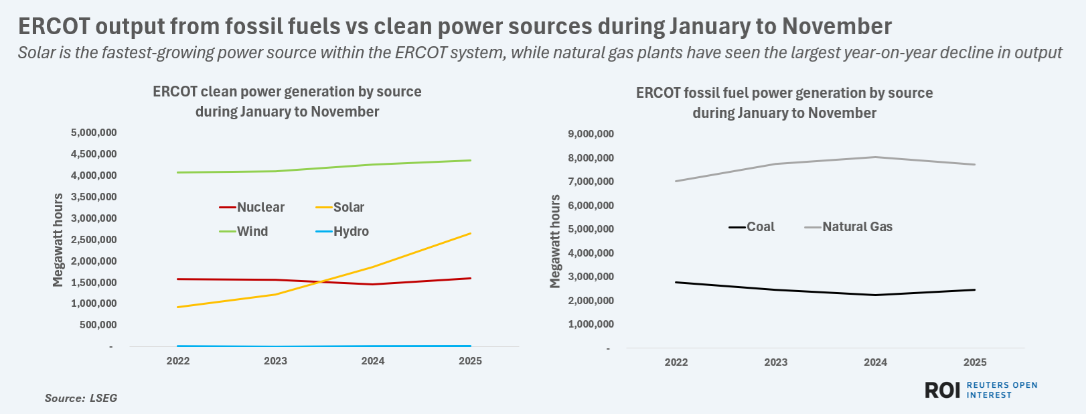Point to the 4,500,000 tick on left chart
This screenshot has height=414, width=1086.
click(x=94, y=154)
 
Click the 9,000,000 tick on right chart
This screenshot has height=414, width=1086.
click(x=591, y=134)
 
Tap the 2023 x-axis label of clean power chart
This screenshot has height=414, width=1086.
click(x=275, y=361)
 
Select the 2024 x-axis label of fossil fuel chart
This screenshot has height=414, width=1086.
click(x=875, y=362)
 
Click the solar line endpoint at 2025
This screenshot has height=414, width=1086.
click(x=470, y=234)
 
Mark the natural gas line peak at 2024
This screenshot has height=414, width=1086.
click(x=875, y=157)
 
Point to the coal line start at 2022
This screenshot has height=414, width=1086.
click(x=676, y=282)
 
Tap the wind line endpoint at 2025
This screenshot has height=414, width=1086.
click(x=470, y=160)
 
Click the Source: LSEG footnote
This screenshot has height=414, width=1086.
click(x=81, y=398)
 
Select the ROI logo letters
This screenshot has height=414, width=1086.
click(x=943, y=391)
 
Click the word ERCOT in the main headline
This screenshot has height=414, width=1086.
click(x=53, y=27)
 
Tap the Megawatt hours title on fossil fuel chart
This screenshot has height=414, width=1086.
click(x=555, y=242)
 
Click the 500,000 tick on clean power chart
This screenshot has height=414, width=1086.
click(x=98, y=325)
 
